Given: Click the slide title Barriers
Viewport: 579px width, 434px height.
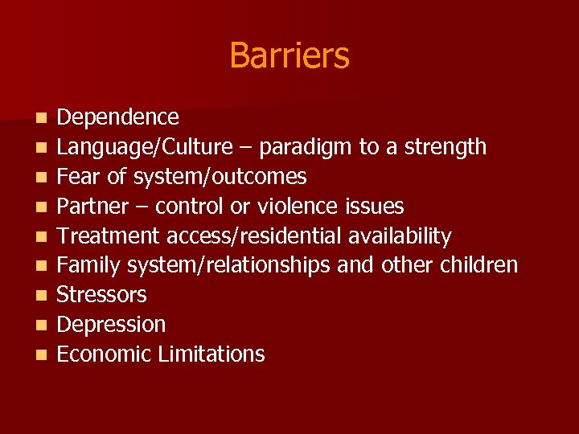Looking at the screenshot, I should tap(289, 55).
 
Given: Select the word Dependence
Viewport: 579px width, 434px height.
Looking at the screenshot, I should tap(118, 117).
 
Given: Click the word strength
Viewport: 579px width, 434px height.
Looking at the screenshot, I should tap(446, 147).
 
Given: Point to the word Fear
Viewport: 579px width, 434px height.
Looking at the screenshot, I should tap(76, 177).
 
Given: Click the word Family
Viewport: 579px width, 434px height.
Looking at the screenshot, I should tap(85, 265).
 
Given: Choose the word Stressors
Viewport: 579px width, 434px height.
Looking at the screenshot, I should tap(102, 295).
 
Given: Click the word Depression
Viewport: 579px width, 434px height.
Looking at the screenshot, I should tap(112, 325).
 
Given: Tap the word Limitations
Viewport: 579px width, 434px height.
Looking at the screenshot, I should tap(213, 354).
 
